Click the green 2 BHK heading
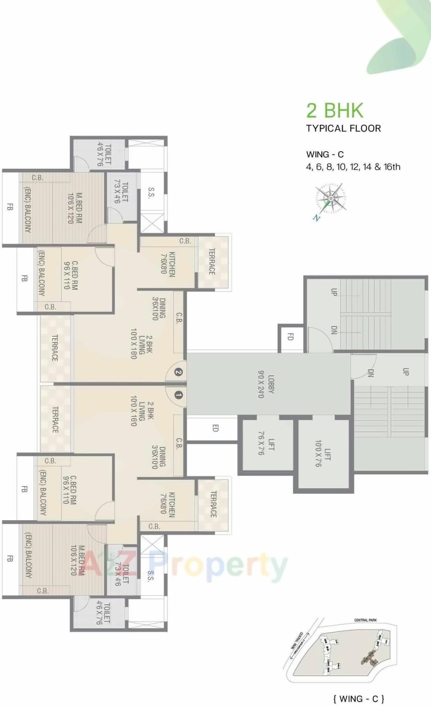coord(334,111)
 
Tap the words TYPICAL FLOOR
coord(343,128)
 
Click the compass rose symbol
coord(330,199)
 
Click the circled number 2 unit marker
coord(178,372)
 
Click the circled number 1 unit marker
coord(178,395)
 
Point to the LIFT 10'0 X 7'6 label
coord(323,453)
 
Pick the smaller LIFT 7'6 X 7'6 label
coord(266,443)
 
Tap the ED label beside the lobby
coord(215,428)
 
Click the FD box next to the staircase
coord(290,337)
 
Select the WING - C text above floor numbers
coord(325,155)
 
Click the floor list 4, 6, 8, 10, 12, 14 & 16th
coord(353,167)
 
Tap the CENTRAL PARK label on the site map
coord(365,620)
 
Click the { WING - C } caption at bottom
coord(358,698)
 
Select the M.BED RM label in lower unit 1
coord(77,560)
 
